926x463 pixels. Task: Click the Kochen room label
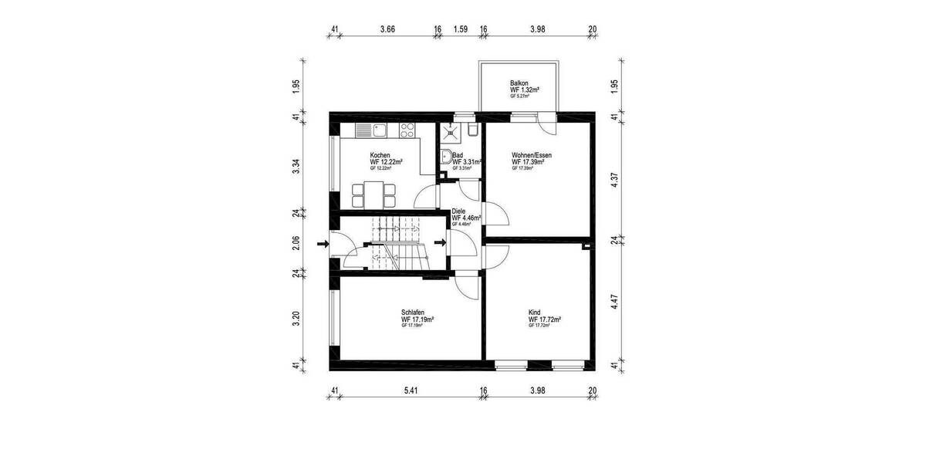[x=380, y=155]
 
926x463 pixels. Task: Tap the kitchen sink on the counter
[x=379, y=130]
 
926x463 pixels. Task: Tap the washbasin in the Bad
[x=445, y=158]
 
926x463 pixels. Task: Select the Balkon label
[x=519, y=83]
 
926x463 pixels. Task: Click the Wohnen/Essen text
[x=531, y=155]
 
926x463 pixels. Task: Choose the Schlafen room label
[x=413, y=313]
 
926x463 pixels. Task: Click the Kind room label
[x=534, y=313]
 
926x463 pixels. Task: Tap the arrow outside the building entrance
[x=323, y=244]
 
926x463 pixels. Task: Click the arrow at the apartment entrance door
[x=440, y=243]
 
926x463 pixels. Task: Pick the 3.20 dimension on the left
[x=296, y=318]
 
